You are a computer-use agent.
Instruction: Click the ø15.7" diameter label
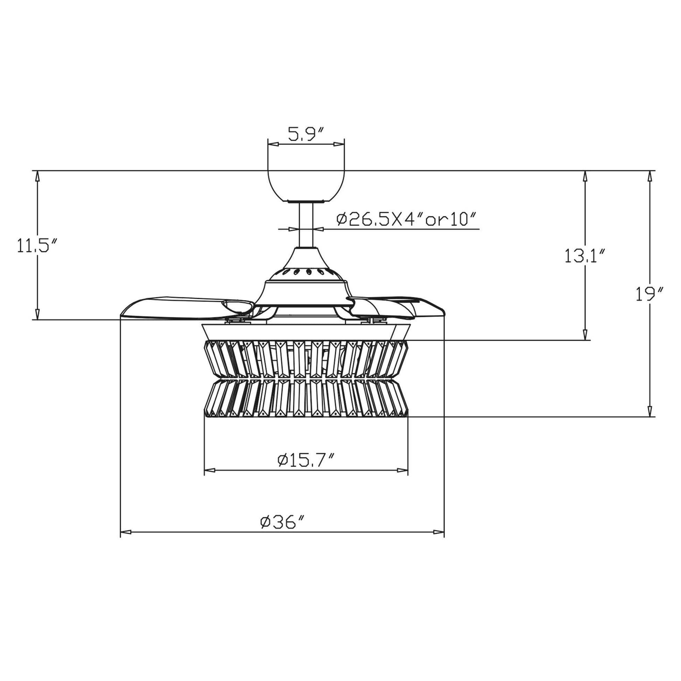pyautogui.click(x=306, y=460)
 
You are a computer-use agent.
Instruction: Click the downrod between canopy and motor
pyautogui.click(x=306, y=225)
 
